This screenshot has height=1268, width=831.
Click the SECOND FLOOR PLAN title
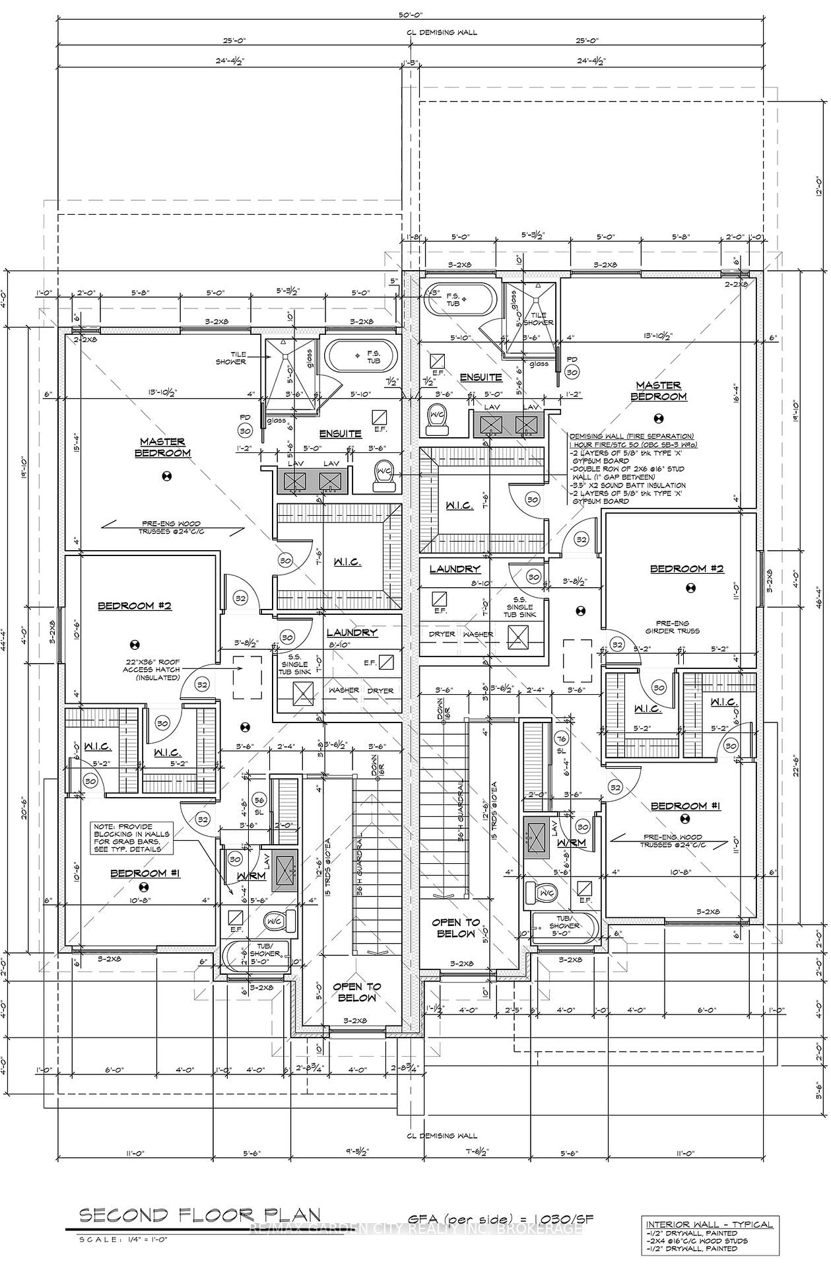tap(200, 1215)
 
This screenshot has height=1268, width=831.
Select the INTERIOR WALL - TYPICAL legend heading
tap(709, 1224)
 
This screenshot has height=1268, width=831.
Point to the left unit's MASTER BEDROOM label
tap(163, 447)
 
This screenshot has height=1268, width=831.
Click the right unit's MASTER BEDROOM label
tap(658, 391)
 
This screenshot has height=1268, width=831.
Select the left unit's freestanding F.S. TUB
tap(364, 357)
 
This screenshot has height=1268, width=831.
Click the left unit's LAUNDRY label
tap(352, 632)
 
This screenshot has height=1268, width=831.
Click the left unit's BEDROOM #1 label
tap(145, 873)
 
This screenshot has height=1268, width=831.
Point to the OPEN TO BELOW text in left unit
tap(356, 991)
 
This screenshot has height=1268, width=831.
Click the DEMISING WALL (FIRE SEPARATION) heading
tap(631, 436)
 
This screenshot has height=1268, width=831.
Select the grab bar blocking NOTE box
tap(131, 837)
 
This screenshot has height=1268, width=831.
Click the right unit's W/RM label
tap(572, 843)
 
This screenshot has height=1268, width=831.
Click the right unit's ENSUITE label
tap(481, 377)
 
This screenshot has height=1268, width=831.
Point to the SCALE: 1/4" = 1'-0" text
tap(123, 1239)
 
